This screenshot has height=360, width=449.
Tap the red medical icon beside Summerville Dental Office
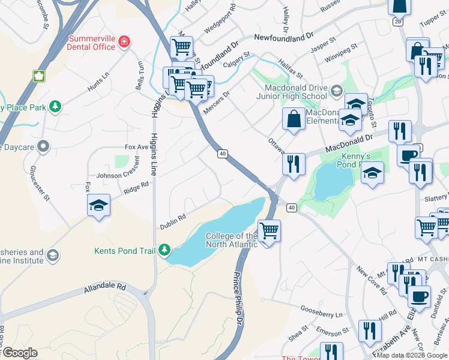coord(123,42)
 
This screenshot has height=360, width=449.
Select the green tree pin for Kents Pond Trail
coord(163,250)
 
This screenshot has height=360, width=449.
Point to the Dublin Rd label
coord(172,221)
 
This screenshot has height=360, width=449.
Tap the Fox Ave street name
coord(136,146)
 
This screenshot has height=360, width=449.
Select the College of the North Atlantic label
coord(232,240)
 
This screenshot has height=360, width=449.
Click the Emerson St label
coord(333,332)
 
